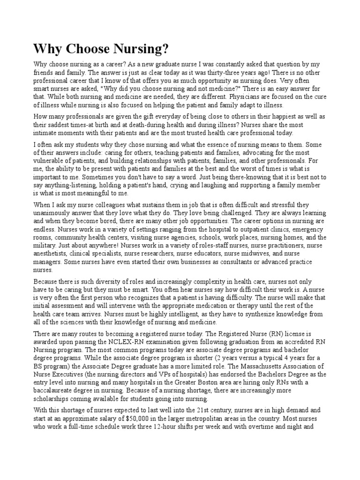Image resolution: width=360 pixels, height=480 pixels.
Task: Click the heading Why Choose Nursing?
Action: pos(100,49)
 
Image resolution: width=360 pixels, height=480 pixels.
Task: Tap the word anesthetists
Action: pos(50,253)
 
